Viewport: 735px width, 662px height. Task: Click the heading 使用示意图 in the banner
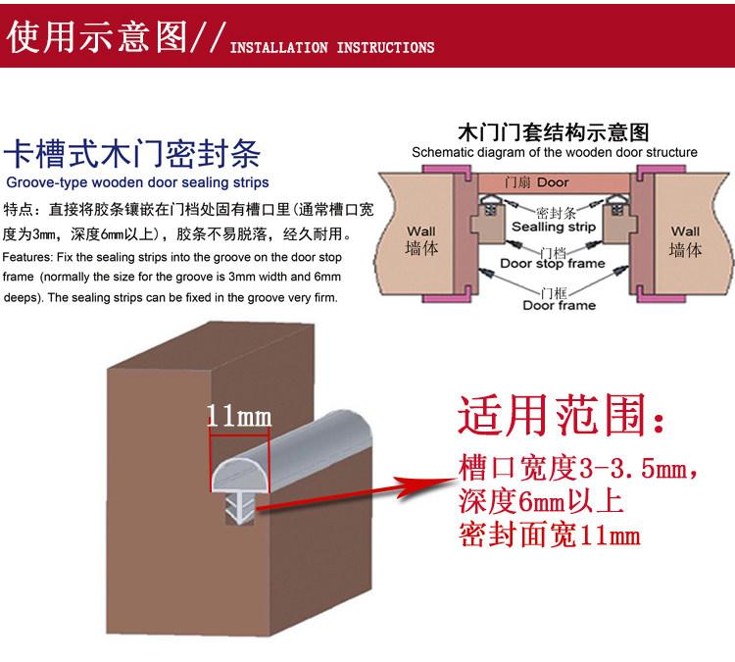click(96, 35)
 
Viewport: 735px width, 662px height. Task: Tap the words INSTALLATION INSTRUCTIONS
click(331, 47)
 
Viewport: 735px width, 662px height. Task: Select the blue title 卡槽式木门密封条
click(132, 155)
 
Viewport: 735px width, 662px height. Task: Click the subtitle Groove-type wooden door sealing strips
click(137, 182)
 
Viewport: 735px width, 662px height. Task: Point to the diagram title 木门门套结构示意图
click(554, 132)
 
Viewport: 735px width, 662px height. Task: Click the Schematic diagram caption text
click(554, 152)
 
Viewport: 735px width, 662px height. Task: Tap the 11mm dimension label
click(238, 416)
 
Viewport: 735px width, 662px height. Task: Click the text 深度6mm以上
click(539, 502)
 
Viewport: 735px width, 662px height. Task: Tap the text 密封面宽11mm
click(549, 535)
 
